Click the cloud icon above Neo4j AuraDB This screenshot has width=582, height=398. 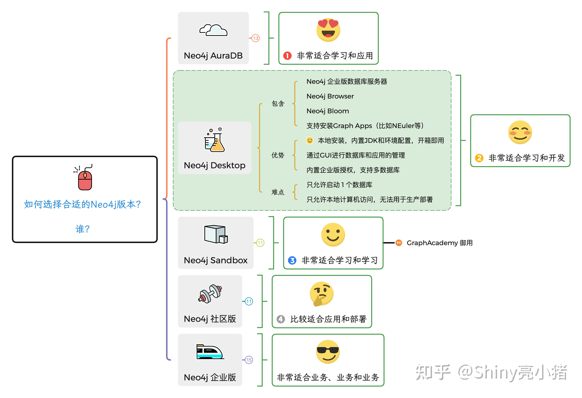click(213, 30)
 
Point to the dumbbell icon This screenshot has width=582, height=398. click(210, 294)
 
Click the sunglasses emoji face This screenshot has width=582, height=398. click(328, 352)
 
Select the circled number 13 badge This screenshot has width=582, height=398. click(255, 38)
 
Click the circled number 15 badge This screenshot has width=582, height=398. click(249, 360)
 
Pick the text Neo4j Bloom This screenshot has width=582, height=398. click(328, 111)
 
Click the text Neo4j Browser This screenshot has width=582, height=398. click(330, 96)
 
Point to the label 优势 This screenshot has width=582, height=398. click(278, 155)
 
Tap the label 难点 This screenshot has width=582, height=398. click(278, 192)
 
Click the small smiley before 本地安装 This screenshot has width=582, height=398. click(310, 140)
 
